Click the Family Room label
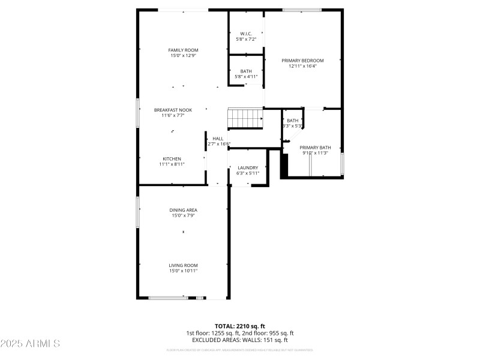tap(183, 50)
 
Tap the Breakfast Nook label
tap(173, 110)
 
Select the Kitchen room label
tap(172, 158)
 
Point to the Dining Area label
tap(183, 210)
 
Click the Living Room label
tap(183, 265)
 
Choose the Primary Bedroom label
tap(303, 61)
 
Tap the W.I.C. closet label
tap(246, 34)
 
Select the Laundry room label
tap(248, 168)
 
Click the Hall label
tap(217, 139)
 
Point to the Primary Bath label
tap(315, 148)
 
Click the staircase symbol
tap(245, 118)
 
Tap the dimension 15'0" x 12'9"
tap(183, 55)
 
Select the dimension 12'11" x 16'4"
tap(303, 66)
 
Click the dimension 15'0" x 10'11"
tap(183, 271)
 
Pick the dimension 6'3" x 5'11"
tap(248, 173)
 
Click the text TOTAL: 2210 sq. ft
tap(240, 326)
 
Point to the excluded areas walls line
tap(240, 340)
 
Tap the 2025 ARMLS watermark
tap(30, 344)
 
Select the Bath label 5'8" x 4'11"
tap(246, 74)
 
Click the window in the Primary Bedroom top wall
tap(302, 10)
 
